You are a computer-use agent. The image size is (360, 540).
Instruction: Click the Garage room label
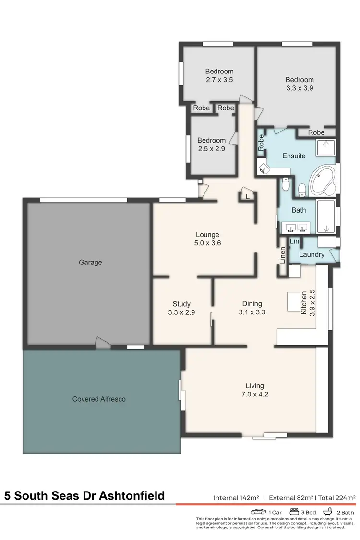click(90, 263)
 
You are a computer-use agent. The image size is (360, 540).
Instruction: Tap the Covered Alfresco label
click(99, 399)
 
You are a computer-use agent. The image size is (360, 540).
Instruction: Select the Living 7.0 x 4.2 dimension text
click(254, 394)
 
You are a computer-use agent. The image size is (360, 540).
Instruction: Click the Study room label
click(181, 304)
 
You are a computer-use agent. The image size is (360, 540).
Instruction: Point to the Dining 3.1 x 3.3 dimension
click(252, 312)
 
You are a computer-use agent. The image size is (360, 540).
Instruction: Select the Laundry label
click(312, 254)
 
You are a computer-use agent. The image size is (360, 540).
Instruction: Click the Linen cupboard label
click(283, 255)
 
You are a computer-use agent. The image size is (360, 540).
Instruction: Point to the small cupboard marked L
click(247, 196)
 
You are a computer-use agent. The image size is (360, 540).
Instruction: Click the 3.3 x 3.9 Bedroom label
click(300, 80)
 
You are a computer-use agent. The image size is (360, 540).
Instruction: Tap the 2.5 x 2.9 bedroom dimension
click(211, 149)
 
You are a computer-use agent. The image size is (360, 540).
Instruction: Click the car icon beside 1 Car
click(258, 512)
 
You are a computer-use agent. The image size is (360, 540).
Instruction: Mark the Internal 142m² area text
click(237, 498)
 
